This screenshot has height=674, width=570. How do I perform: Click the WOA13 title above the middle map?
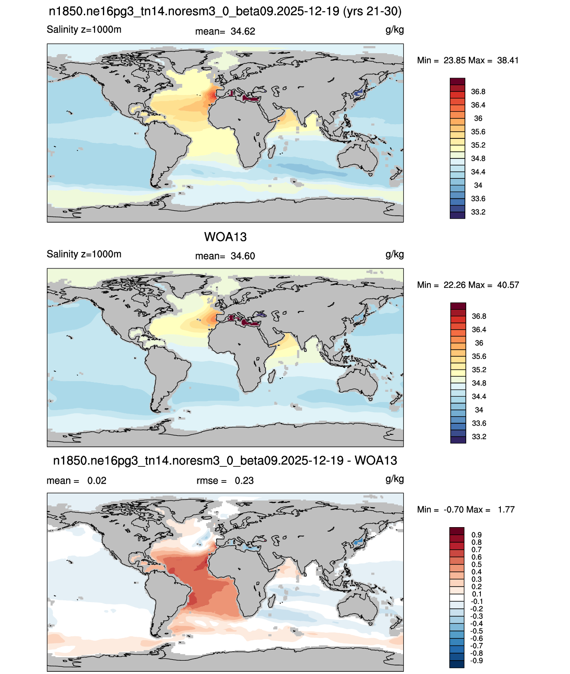pyautogui.click(x=225, y=237)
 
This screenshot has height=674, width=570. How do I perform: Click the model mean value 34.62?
pyautogui.click(x=243, y=32)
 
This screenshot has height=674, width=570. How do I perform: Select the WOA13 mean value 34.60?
pyautogui.click(x=243, y=256)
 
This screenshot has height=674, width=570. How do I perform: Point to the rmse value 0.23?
pyautogui.click(x=244, y=481)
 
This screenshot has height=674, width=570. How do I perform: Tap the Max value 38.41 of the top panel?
pyautogui.click(x=508, y=60)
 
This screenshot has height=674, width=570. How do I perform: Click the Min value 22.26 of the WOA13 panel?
pyautogui.click(x=454, y=285)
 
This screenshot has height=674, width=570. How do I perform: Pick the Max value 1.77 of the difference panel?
pyautogui.click(x=506, y=510)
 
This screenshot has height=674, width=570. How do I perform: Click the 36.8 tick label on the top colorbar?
pyautogui.click(x=478, y=92)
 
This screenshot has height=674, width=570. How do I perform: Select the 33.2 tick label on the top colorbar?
pyautogui.click(x=478, y=212)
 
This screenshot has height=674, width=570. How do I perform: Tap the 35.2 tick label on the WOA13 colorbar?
pyautogui.click(x=479, y=370)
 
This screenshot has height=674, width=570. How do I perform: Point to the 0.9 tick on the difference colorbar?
pyautogui.click(x=476, y=535)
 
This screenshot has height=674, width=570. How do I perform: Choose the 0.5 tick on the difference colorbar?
pyautogui.click(x=476, y=564)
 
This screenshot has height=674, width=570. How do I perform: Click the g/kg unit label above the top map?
pyautogui.click(x=394, y=30)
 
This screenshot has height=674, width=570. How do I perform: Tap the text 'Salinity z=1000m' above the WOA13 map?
pyautogui.click(x=84, y=254)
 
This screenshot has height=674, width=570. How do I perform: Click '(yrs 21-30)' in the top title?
pyautogui.click(x=372, y=12)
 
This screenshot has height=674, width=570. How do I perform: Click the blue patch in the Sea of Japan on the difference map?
pyautogui.click(x=358, y=542)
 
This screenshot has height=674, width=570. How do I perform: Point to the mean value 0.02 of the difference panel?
pyautogui.click(x=97, y=481)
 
